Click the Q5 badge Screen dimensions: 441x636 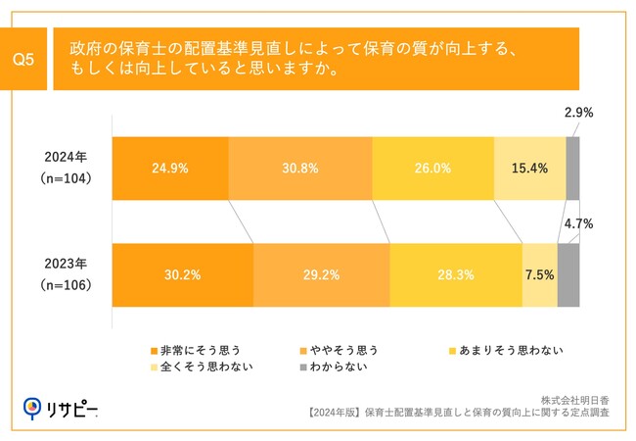click(23, 60)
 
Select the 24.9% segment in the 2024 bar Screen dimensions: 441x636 click(170, 168)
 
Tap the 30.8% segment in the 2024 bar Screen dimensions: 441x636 click(300, 168)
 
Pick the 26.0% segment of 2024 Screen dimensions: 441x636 click(432, 168)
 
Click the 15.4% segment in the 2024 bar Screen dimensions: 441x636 click(529, 168)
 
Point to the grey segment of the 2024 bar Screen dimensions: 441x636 click(572, 168)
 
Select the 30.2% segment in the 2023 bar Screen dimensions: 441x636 click(183, 275)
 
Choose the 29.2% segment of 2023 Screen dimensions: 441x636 click(321, 275)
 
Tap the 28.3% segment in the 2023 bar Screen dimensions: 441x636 click(455, 275)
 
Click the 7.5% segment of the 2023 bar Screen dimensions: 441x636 click(539, 275)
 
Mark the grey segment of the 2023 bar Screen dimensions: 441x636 click(568, 275)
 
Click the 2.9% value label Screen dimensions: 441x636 click(578, 114)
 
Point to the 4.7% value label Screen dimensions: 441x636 click(578, 224)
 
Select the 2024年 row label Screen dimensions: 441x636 click(67, 156)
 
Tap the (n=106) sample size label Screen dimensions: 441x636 click(67, 285)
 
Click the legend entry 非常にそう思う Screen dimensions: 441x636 click(194, 349)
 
